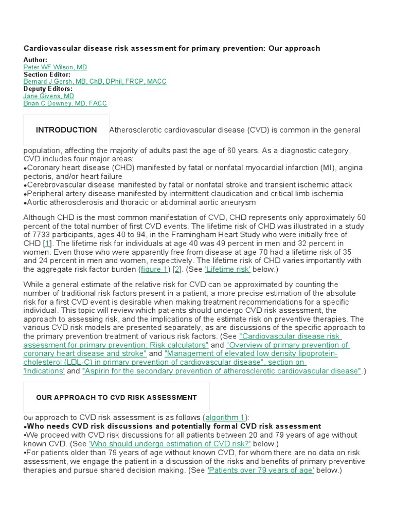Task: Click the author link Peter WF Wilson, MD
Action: point(55,67)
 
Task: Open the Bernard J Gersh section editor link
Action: point(95,82)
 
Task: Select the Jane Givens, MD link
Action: point(48,96)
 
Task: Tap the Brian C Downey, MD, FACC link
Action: point(65,103)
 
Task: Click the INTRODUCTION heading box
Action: point(66,130)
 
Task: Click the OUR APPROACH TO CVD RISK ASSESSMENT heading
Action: point(116,397)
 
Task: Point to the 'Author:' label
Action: point(35,60)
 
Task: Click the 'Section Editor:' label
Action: point(47,74)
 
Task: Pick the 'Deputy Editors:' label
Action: point(48,89)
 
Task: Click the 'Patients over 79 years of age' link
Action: point(260,470)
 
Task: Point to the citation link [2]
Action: point(176,269)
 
